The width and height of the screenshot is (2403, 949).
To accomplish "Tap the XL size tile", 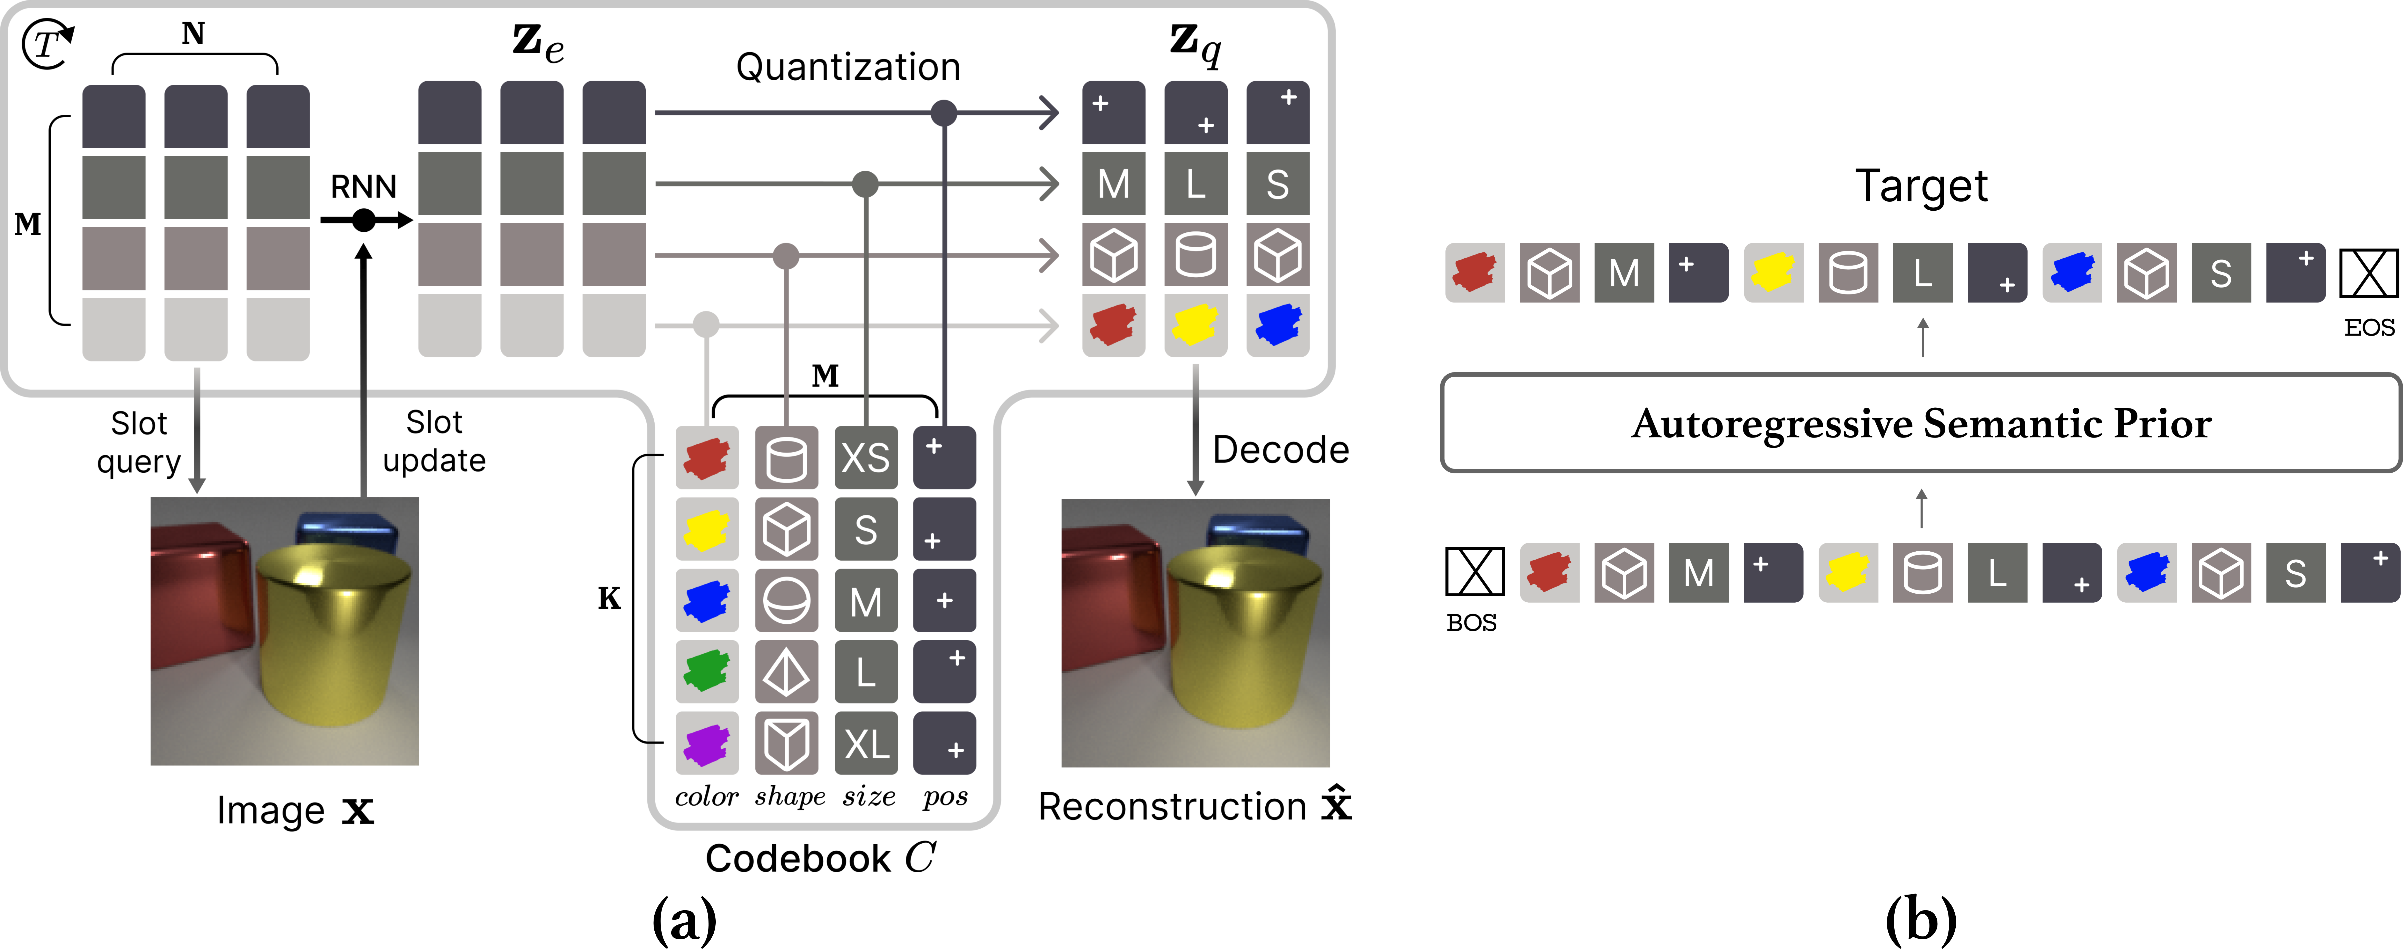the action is (x=866, y=744).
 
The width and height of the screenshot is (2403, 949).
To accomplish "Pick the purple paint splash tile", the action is (x=706, y=744).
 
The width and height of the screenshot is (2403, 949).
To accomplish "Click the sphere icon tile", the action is (x=786, y=601).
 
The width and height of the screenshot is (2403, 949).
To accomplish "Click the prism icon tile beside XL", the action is (x=786, y=744).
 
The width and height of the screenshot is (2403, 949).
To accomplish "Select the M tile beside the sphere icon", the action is (x=866, y=601).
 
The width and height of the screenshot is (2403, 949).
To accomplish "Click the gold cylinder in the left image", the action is (x=331, y=644).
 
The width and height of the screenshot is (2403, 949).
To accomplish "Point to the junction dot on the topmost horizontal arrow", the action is (x=944, y=113).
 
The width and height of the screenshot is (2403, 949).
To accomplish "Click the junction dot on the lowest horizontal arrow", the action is (x=706, y=325).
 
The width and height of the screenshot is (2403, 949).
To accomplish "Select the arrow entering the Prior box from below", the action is (x=1922, y=508).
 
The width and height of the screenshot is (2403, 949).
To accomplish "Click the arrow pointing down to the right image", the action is (x=1195, y=429).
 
